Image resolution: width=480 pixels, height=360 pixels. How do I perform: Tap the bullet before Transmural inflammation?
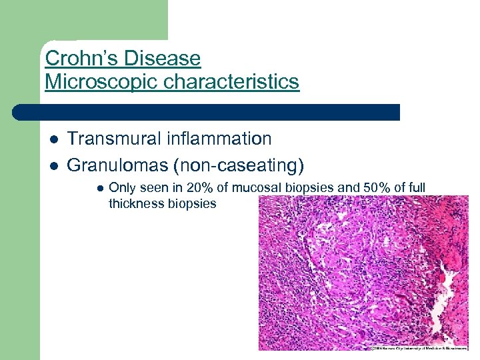53,139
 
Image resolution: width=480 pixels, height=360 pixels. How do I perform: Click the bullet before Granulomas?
53,165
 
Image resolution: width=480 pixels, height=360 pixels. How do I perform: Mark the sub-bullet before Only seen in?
99,189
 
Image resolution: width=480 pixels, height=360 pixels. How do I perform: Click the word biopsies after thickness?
193,203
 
